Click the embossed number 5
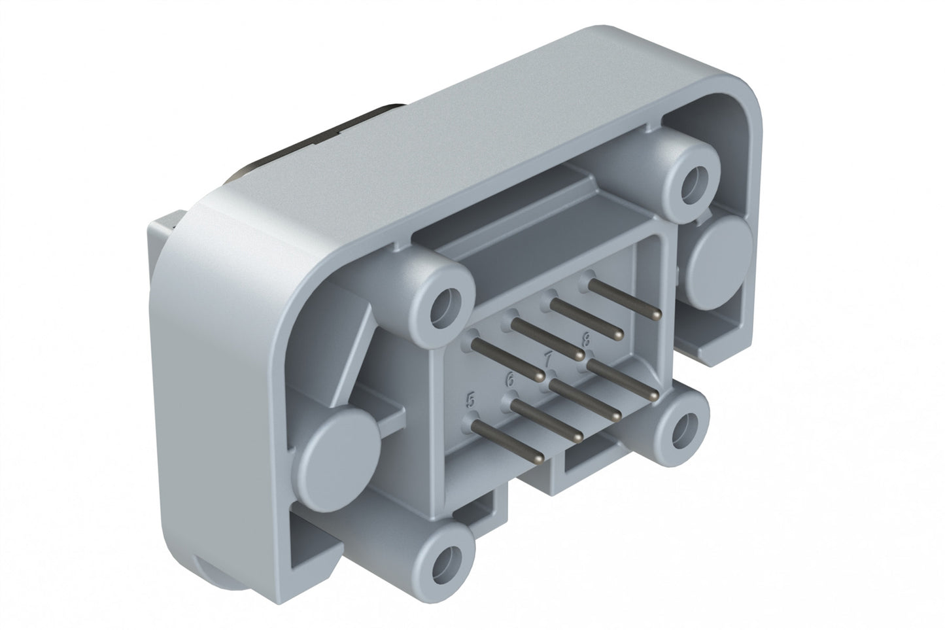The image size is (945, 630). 469,399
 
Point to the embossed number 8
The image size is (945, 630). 586,338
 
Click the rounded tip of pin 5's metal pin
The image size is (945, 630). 538,460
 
